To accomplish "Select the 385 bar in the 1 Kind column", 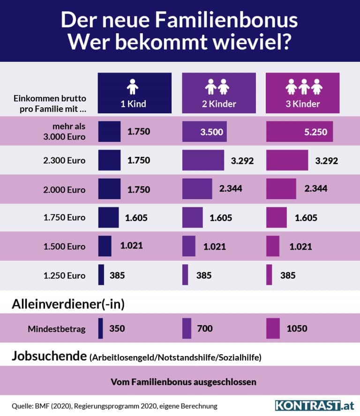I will click(101, 275).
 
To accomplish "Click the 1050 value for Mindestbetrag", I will click(297, 328).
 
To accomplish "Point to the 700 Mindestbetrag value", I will click(205, 328).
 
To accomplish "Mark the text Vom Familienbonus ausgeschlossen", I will click(183, 382).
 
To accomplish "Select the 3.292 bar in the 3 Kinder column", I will click(287, 160).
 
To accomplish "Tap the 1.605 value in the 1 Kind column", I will click(137, 217).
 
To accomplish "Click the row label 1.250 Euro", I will click(64, 275).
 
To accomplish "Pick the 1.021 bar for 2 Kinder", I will click(189, 246).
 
